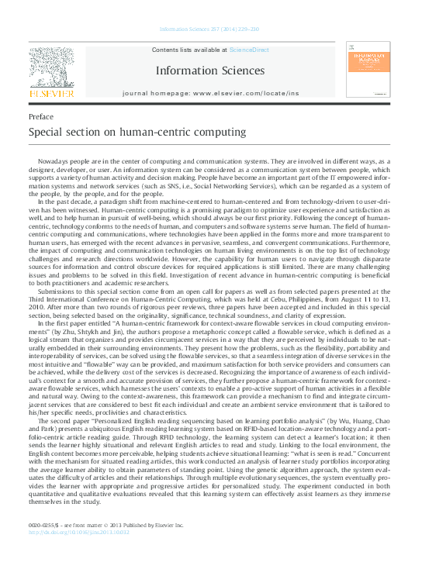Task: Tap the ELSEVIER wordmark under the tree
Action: coord(51,95)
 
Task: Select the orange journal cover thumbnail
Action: coord(369,72)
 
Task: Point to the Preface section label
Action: coord(41,116)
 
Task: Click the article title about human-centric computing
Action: coord(126,132)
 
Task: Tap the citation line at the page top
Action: coord(209,29)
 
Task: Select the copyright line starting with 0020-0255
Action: coord(105,525)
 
